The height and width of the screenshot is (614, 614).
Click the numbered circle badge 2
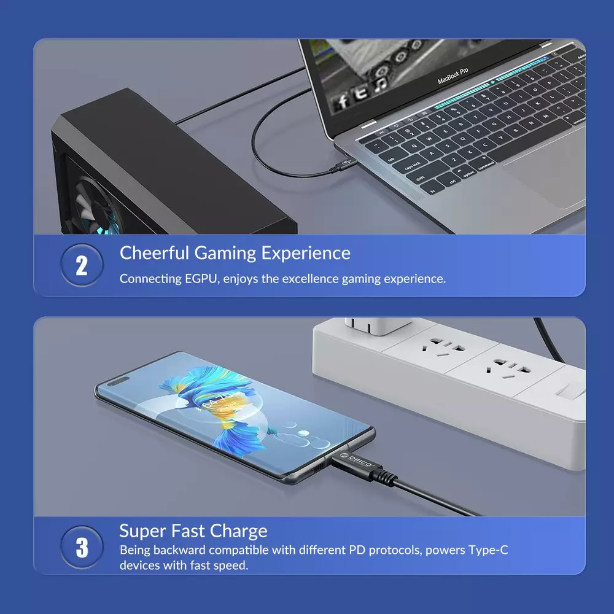pyautogui.click(x=82, y=265)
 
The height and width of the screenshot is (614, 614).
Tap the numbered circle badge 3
pyautogui.click(x=82, y=547)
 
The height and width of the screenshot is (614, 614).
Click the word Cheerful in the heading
pyautogui.click(x=154, y=252)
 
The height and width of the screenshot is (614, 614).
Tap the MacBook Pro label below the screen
pyautogui.click(x=453, y=76)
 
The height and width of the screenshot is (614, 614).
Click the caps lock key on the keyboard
pyautogui.click(x=412, y=166)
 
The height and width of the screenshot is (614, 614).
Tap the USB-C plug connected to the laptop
pyautogui.click(x=343, y=165)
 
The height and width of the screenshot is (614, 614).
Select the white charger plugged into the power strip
pyautogui.click(x=377, y=326)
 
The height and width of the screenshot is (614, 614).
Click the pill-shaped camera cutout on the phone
pyautogui.click(x=118, y=381)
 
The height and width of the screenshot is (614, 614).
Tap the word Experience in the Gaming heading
pyautogui.click(x=306, y=253)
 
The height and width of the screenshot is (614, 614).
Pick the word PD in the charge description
pyautogui.click(x=357, y=550)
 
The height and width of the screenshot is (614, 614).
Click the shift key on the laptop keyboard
pyautogui.click(x=420, y=178)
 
